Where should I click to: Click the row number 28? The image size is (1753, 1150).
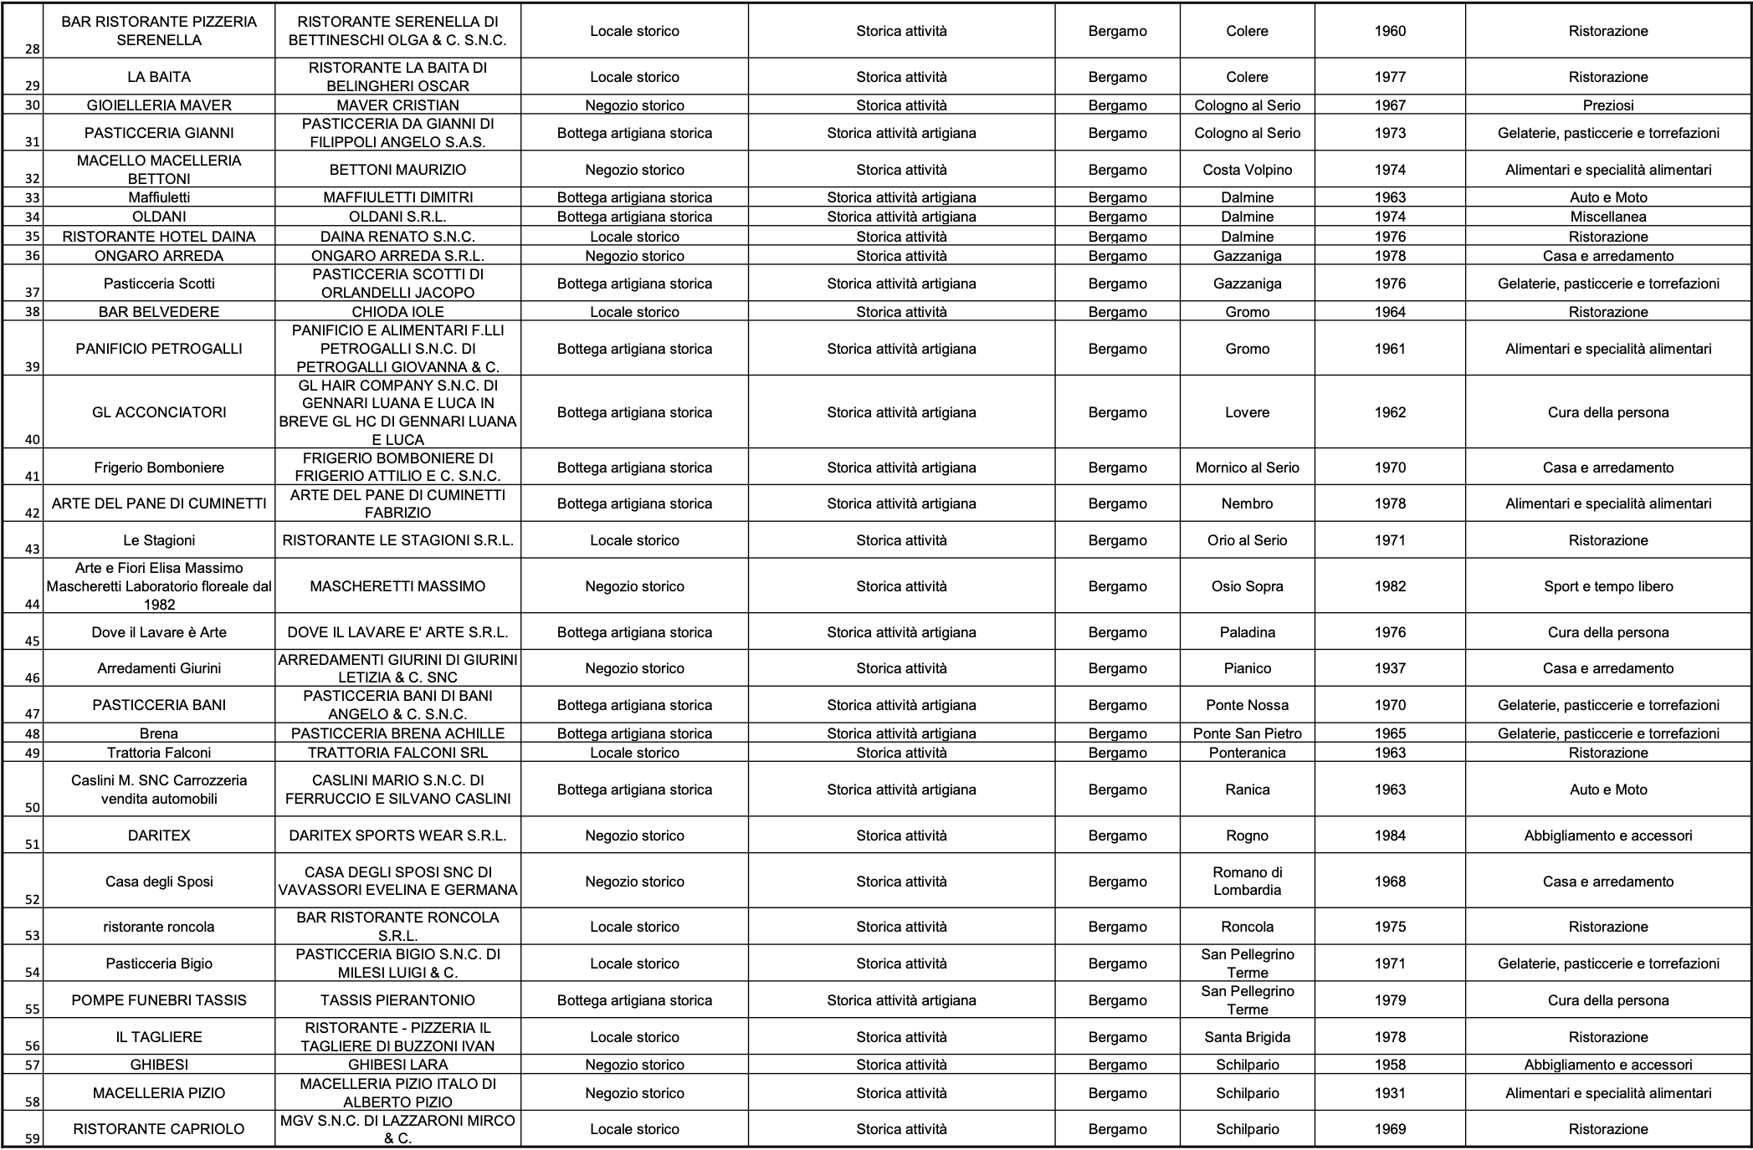click(33, 49)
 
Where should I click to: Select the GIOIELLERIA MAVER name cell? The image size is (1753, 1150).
click(159, 105)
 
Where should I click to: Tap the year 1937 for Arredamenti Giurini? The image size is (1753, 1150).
click(1389, 668)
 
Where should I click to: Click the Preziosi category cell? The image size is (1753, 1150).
click(1607, 105)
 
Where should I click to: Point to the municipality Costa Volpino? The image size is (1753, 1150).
click(1247, 170)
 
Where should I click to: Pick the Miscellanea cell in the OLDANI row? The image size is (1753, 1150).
click(1607, 217)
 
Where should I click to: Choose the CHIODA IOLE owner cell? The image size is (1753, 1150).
click(397, 312)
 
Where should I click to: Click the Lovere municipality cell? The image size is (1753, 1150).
click(1247, 412)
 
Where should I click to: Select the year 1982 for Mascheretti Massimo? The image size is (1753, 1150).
click(1389, 586)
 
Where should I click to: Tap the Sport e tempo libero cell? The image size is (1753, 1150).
click(1607, 586)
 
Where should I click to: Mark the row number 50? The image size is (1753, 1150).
click(33, 808)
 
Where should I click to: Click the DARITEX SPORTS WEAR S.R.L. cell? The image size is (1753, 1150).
click(397, 836)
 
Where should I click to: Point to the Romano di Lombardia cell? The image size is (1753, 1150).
click(1247, 882)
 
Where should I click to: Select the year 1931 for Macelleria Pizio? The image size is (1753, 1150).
click(1389, 1093)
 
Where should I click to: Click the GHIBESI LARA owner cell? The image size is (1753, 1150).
click(397, 1065)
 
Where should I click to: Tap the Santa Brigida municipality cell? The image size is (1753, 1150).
click(1247, 1037)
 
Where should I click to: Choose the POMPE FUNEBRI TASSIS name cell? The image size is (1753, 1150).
click(159, 1000)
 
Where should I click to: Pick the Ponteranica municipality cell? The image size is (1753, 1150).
click(1247, 753)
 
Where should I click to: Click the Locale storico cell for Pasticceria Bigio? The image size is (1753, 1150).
click(634, 963)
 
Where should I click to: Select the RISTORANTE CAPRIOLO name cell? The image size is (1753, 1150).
click(159, 1129)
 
